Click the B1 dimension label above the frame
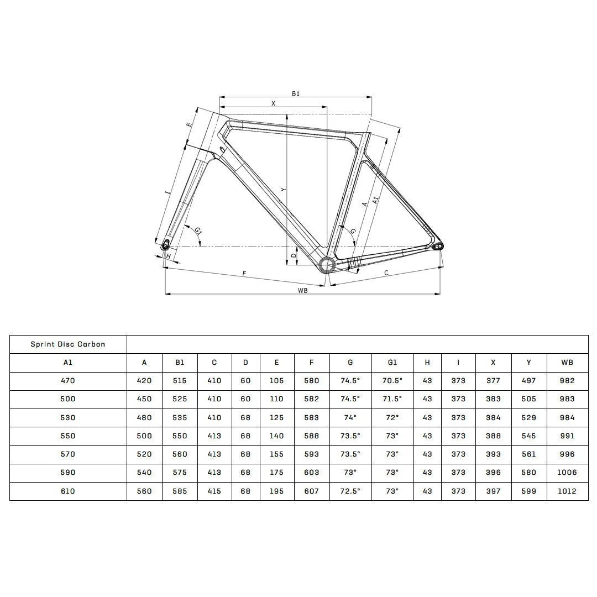pyautogui.click(x=296, y=94)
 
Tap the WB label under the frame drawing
pyautogui.click(x=302, y=290)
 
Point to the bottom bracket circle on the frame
pyautogui.click(x=327, y=265)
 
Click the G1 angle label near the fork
pyautogui.click(x=198, y=231)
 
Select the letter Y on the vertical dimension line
pyautogui.click(x=283, y=190)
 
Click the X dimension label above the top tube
pyautogui.click(x=273, y=103)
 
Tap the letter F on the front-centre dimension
pyautogui.click(x=244, y=273)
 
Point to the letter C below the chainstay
pyautogui.click(x=386, y=273)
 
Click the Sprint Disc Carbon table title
pyautogui.click(x=68, y=344)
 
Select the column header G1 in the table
pyautogui.click(x=392, y=363)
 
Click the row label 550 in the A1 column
pyautogui.click(x=68, y=436)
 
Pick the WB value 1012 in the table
pyautogui.click(x=567, y=491)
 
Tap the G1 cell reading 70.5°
pyautogui.click(x=392, y=380)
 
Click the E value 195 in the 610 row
pyautogui.click(x=276, y=491)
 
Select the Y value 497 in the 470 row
pyautogui.click(x=528, y=380)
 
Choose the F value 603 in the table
pyautogui.click(x=312, y=472)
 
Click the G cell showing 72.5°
pyautogui.click(x=350, y=491)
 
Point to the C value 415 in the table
pyautogui.click(x=214, y=491)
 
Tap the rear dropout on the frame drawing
pyautogui.click(x=438, y=246)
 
